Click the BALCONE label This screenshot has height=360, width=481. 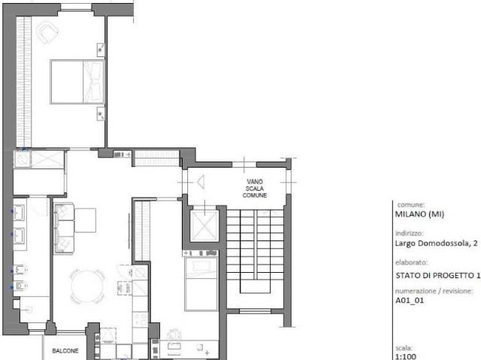(65, 351)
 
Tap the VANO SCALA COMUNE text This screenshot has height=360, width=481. (255, 189)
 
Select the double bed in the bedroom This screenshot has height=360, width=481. (77, 82)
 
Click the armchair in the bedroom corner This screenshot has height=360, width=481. (47, 32)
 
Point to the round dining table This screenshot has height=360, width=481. (87, 286)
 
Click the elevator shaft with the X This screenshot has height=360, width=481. (204, 225)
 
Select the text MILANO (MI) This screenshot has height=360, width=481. (419, 214)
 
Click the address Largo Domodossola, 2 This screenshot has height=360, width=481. (436, 244)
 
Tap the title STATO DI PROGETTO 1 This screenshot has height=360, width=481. (437, 276)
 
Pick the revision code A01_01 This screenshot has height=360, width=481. (410, 301)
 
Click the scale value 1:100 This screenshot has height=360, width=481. (406, 356)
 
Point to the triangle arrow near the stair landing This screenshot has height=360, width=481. (201, 182)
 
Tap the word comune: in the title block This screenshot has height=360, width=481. (411, 205)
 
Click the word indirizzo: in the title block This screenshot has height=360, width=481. (409, 233)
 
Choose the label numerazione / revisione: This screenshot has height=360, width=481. (434, 291)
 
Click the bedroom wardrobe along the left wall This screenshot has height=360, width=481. (24, 82)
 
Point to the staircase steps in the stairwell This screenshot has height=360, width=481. (255, 245)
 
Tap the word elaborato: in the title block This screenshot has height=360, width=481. (411, 262)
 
